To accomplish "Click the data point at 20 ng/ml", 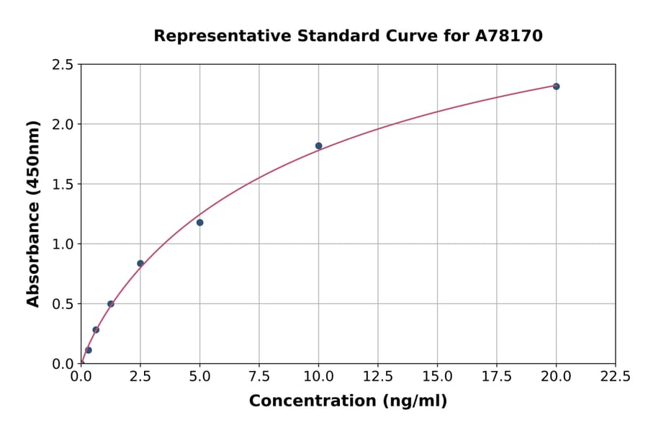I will tap(556, 86).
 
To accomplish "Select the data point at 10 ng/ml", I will tap(318, 146).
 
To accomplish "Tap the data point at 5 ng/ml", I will tap(200, 223).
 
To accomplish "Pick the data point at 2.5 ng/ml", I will tap(140, 264).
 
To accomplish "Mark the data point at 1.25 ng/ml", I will tap(111, 304).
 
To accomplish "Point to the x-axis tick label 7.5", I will tap(259, 377).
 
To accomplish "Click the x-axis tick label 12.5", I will tap(378, 377).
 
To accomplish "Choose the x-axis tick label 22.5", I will tap(616, 377).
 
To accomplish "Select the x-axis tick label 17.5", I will tap(497, 377).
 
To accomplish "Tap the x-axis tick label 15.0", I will tap(437, 377).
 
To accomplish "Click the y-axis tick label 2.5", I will tap(63, 65).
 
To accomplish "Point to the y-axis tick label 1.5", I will tap(63, 184).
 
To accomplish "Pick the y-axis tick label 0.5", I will tap(63, 304).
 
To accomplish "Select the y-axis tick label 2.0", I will tap(63, 125).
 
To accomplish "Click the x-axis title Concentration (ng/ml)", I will tap(348, 401).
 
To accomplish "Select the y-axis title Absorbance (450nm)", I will tap(33, 214).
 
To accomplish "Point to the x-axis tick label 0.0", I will tap(81, 377).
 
